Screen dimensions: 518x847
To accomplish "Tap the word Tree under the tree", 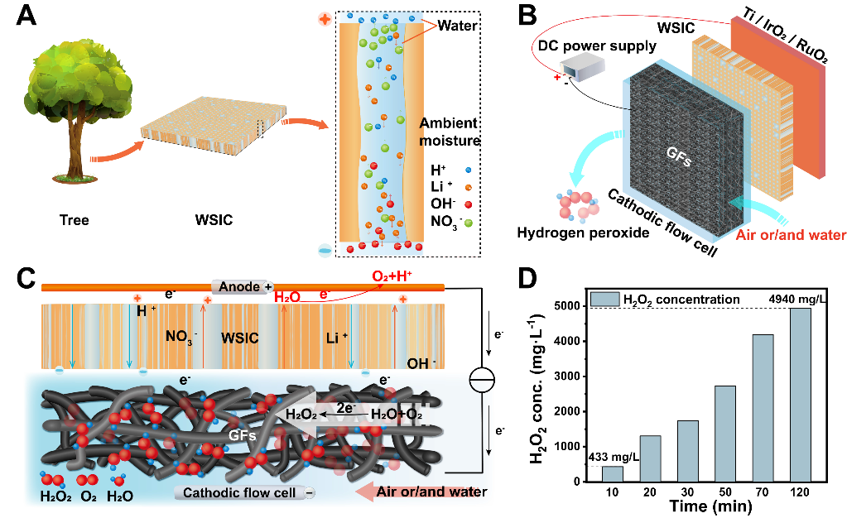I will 74,220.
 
